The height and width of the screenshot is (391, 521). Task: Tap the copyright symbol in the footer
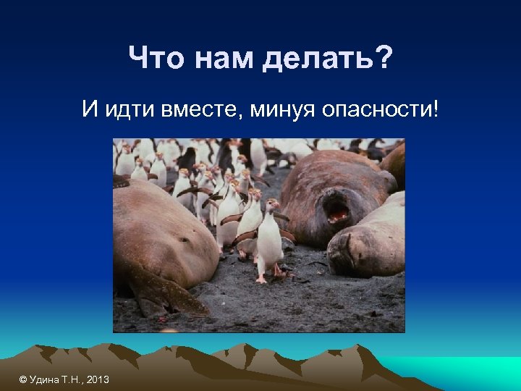point(23,379)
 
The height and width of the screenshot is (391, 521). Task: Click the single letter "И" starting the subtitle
point(90,111)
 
